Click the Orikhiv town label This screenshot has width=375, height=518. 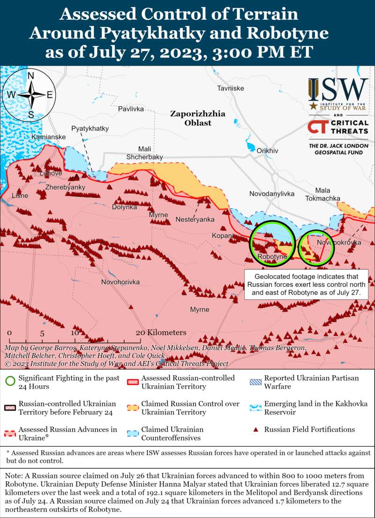pos(267,150)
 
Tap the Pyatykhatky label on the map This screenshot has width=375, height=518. pos(90,128)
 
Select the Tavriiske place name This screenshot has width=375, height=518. pos(230,88)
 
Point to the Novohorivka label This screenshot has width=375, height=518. pos(120,282)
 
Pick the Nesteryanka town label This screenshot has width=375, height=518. pos(195,219)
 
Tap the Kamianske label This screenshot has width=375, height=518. pos(49,137)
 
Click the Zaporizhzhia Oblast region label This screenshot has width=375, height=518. pos(197,118)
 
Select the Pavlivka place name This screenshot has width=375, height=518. pos(131,109)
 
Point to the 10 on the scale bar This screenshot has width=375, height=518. pos(75,333)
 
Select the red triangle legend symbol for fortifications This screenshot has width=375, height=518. pos(255,429)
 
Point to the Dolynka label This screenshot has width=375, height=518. pos(125,207)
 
